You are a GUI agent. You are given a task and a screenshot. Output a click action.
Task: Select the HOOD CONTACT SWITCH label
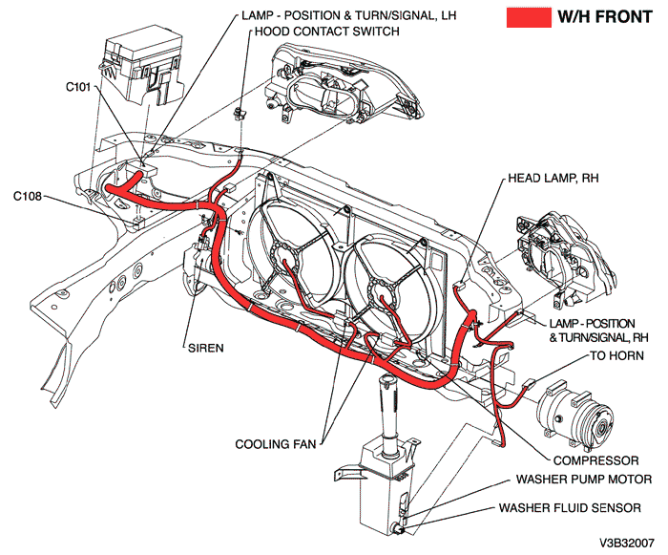coord(325,32)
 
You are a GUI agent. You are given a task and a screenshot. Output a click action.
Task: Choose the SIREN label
coord(206,348)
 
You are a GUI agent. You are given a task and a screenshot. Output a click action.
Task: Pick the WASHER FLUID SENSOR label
coord(578,508)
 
